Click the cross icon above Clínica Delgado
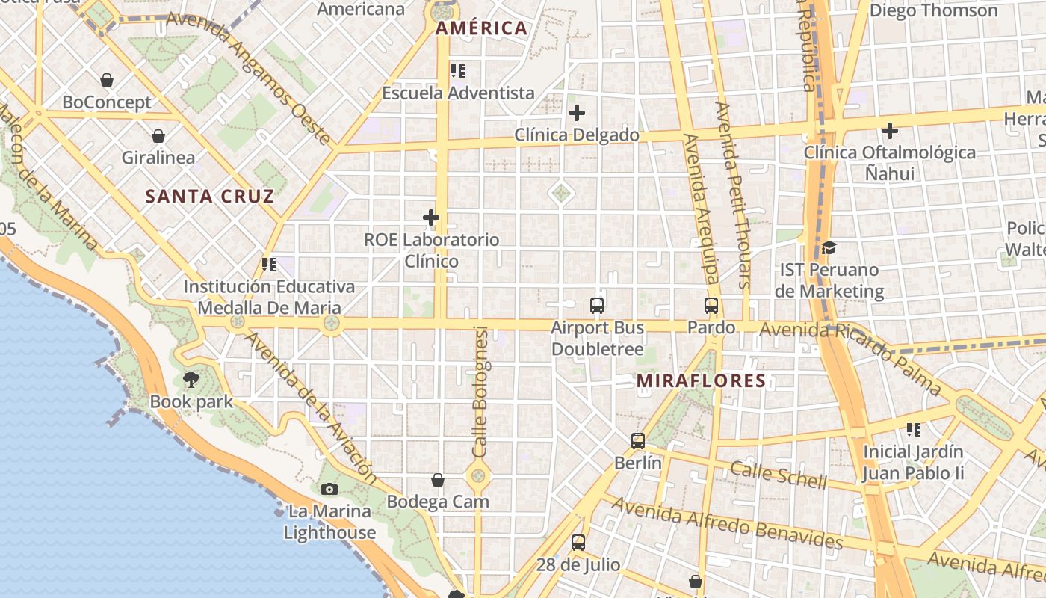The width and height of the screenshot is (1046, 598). pyautogui.click(x=577, y=114)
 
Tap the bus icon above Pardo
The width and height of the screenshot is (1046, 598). pyautogui.click(x=711, y=306)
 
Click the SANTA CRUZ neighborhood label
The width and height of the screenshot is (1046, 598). pyautogui.click(x=210, y=197)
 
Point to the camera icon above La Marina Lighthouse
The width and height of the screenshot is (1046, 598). pyautogui.click(x=329, y=490)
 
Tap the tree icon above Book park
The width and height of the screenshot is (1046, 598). pyautogui.click(x=191, y=380)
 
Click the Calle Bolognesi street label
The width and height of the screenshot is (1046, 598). pyautogui.click(x=480, y=392)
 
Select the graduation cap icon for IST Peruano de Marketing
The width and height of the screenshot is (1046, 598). pyautogui.click(x=829, y=247)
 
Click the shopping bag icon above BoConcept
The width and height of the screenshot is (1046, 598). pyautogui.click(x=107, y=80)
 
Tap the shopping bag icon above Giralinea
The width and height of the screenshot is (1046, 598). pyautogui.click(x=158, y=136)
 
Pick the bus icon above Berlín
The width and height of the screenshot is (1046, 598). pyautogui.click(x=637, y=441)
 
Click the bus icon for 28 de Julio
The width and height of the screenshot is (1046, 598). pyautogui.click(x=578, y=543)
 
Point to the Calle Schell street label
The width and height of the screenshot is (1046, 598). pyautogui.click(x=779, y=475)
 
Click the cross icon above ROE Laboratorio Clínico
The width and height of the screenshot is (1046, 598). pyautogui.click(x=431, y=218)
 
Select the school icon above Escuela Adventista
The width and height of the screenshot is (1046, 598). pyautogui.click(x=458, y=71)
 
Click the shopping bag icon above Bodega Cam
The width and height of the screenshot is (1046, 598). pyautogui.click(x=438, y=480)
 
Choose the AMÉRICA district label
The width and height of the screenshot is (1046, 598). pyautogui.click(x=481, y=28)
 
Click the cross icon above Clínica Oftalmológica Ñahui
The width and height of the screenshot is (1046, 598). pyautogui.click(x=889, y=131)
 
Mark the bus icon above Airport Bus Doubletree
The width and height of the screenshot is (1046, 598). pyautogui.click(x=597, y=306)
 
